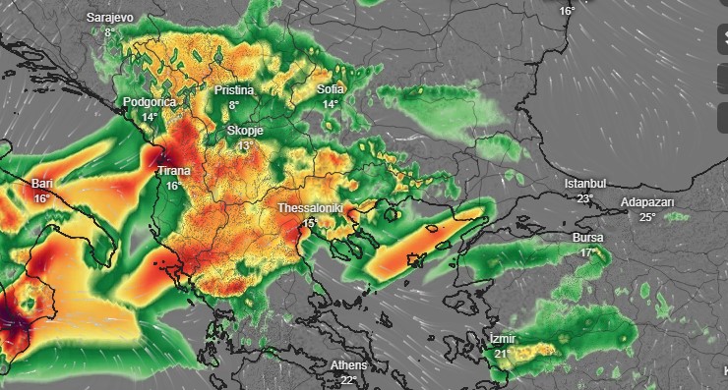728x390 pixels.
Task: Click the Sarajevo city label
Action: click(x=109, y=19)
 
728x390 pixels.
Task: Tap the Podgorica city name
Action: click(x=148, y=102)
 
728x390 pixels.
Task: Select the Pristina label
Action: click(x=234, y=90)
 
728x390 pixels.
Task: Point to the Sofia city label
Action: click(x=331, y=90)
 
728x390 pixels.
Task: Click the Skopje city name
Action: click(x=245, y=130)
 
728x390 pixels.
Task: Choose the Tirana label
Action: click(x=174, y=172)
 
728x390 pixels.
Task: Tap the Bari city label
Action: click(x=41, y=184)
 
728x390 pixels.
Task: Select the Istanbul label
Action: click(x=585, y=184)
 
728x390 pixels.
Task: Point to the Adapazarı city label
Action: click(x=646, y=202)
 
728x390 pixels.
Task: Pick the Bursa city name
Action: click(x=587, y=239)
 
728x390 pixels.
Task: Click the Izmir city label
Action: click(x=502, y=339)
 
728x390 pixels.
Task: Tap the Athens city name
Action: click(x=348, y=365)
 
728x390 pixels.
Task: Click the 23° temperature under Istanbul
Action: click(x=585, y=198)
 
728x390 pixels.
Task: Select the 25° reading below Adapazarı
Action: click(x=646, y=217)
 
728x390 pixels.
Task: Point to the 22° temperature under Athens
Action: click(x=348, y=380)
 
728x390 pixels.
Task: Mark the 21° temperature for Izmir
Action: click(x=502, y=354)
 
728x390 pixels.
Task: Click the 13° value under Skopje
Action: click(x=245, y=145)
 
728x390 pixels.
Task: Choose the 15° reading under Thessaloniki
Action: click(x=309, y=224)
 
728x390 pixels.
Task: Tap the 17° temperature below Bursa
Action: click(x=587, y=253)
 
